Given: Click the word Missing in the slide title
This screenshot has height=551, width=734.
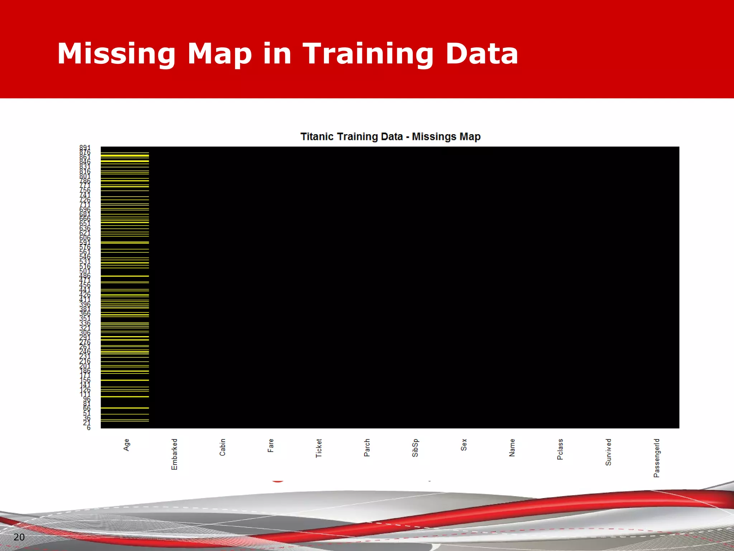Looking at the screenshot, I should (116, 54).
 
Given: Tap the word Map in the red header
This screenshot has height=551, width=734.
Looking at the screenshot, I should (219, 54).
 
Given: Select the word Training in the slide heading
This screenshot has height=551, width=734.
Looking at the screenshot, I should (368, 54).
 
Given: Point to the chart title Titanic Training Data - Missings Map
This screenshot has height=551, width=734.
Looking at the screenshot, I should (390, 137).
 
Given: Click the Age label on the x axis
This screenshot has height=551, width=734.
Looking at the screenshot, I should (126, 445).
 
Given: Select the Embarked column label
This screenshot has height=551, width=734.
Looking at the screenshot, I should (175, 454).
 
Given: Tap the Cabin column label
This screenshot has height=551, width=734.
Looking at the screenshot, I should (223, 447).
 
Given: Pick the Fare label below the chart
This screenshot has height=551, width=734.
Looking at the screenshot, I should (271, 446).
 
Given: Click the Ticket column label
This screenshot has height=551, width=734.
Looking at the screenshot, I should (319, 448).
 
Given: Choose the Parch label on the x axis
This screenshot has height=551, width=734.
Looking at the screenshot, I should (367, 448).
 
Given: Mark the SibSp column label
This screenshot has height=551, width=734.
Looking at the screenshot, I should (415, 448).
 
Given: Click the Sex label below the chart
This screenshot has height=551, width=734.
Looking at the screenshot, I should (464, 445).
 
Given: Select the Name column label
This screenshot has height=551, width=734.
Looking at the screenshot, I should (512, 448).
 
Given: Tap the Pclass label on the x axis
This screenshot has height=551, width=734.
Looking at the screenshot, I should (560, 449).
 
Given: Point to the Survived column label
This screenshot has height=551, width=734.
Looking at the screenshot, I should (608, 452).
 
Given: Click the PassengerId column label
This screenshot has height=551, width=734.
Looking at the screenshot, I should (657, 458).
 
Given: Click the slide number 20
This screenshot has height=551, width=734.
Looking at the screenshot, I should (19, 537).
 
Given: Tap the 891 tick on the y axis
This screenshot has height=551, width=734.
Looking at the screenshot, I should (85, 148).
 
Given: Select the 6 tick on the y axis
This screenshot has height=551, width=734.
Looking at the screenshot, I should (89, 428).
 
